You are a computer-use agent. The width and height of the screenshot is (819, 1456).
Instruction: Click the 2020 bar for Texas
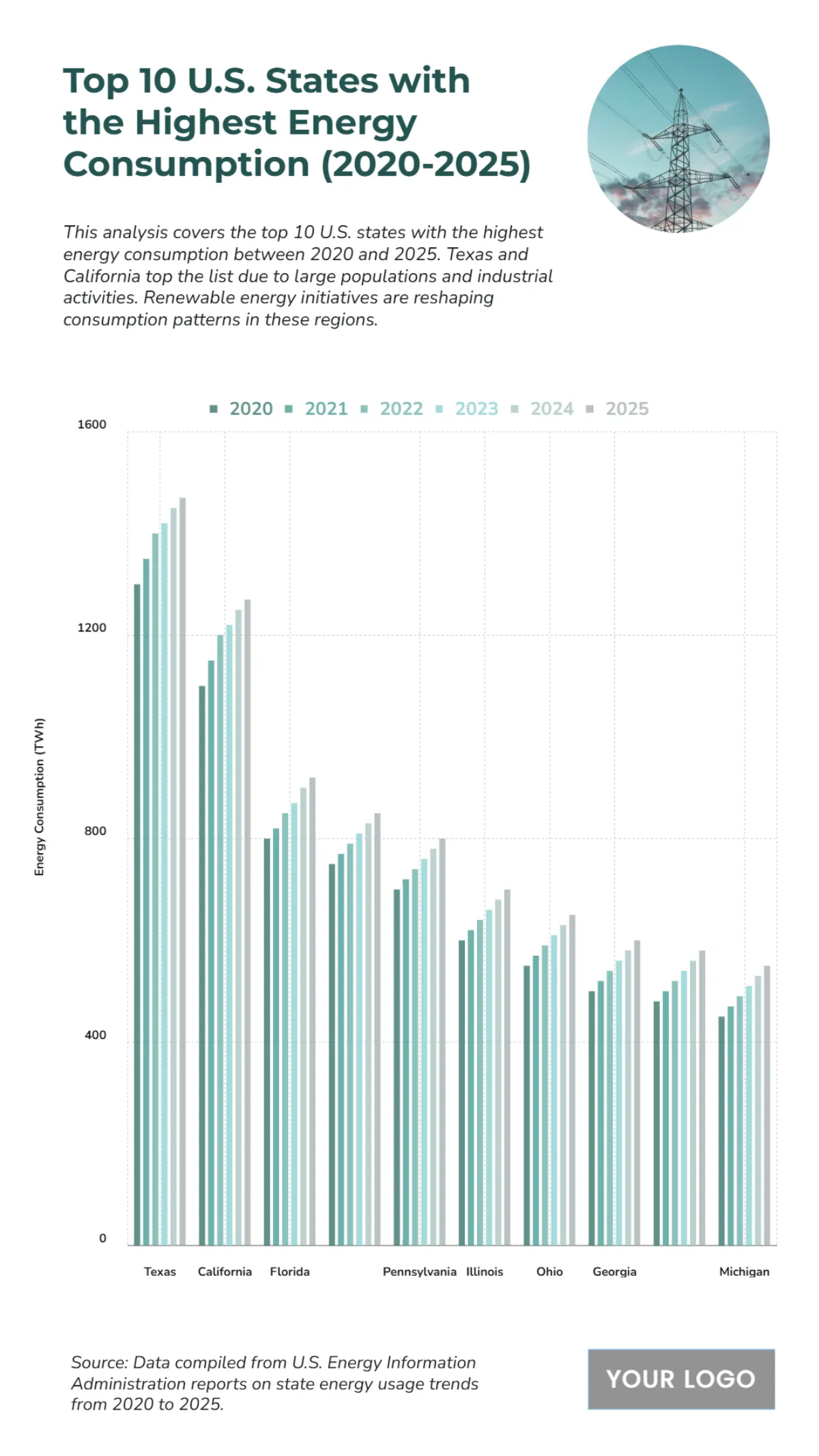point(137,915)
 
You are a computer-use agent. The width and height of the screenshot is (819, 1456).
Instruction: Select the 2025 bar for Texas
point(182,871)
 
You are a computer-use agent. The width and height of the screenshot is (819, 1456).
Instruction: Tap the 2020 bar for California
point(202,965)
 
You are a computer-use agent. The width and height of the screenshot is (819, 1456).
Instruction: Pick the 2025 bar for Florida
point(312,1011)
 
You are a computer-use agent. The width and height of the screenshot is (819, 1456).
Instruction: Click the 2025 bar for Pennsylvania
point(442,1042)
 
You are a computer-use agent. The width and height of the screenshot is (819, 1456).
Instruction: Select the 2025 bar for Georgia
point(637,1092)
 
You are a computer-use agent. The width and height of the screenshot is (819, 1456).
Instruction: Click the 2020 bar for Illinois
point(462,1092)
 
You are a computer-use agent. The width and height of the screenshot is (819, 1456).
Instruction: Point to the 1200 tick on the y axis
point(92,628)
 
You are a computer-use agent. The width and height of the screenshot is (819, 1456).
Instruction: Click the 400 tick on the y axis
point(96,1035)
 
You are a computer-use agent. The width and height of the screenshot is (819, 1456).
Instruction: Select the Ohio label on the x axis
point(549,1272)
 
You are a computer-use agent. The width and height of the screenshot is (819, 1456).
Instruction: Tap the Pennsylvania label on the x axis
point(419,1272)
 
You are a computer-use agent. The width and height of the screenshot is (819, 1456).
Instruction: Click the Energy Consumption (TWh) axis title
point(40,797)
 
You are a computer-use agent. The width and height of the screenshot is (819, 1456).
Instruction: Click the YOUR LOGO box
point(680,1379)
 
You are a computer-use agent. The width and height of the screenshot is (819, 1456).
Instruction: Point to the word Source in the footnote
point(98,1362)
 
